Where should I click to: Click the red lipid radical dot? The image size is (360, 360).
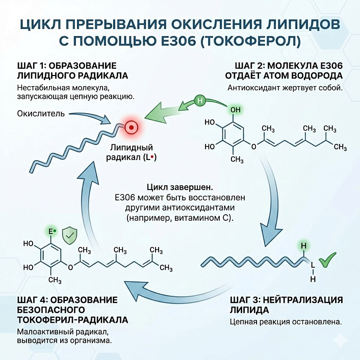click(x=131, y=126)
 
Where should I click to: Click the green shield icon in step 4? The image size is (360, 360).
click(x=69, y=236)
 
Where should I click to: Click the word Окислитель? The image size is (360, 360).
click(x=40, y=113)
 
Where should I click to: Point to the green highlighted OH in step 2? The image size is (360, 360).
click(x=235, y=109)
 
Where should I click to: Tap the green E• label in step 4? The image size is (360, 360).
click(x=52, y=233)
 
